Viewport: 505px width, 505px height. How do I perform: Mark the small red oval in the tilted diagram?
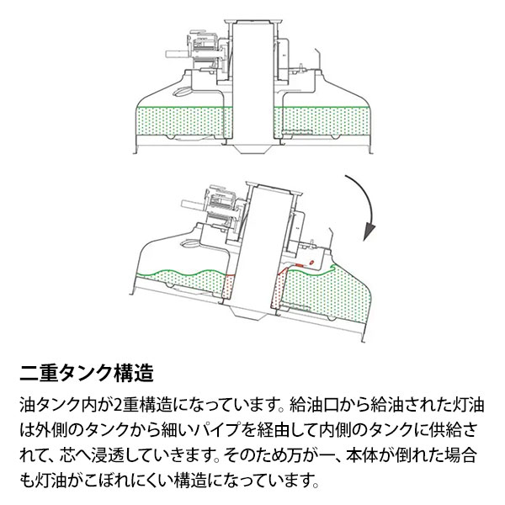[312, 263]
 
